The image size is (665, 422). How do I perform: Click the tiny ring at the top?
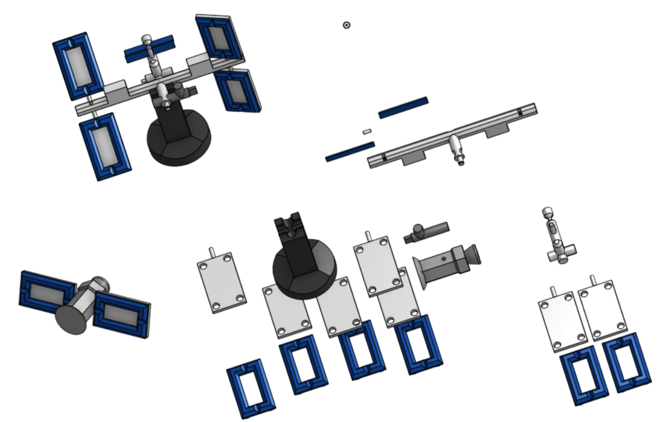tap(346, 25)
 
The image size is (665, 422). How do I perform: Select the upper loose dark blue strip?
tap(403, 107)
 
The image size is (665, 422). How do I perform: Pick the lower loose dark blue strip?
tap(350, 152)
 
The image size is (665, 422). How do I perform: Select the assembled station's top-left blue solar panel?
tap(78, 63)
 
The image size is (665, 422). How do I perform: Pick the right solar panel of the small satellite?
tap(122, 313)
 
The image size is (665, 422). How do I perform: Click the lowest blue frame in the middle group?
tap(250, 388)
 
